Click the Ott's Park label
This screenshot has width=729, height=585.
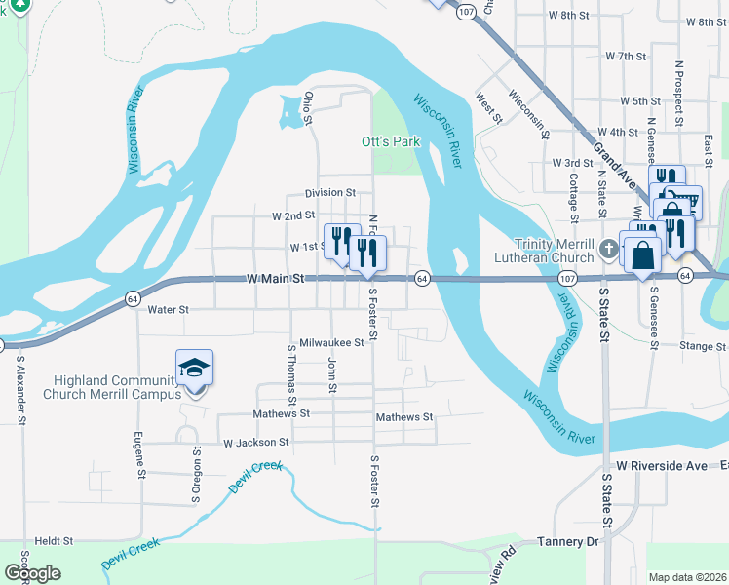[390, 142]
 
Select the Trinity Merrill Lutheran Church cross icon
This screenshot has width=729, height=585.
[608, 249]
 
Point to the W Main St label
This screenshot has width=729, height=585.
[276, 279]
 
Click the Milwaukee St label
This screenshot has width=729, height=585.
[331, 343]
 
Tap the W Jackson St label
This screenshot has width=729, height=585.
[257, 443]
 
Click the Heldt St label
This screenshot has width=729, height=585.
[54, 540]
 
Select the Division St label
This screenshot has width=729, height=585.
[329, 193]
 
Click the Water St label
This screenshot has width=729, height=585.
[167, 309]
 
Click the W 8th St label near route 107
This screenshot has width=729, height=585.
[570, 16]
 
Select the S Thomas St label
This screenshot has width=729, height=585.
[290, 375]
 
